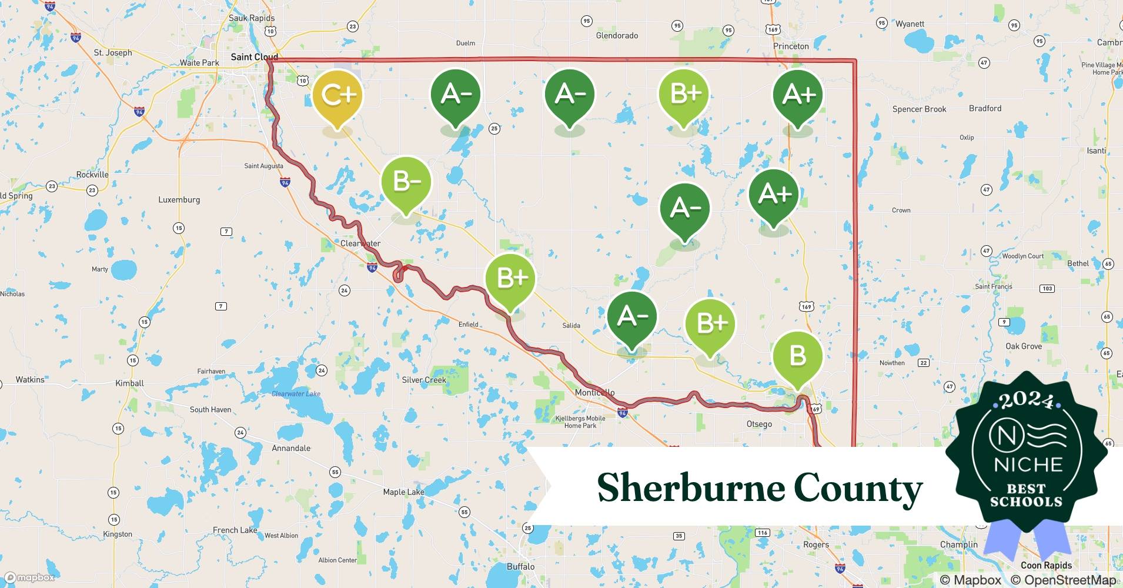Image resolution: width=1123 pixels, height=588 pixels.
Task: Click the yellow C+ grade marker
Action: [338, 96]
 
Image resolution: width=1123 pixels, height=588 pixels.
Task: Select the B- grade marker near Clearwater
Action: [406, 182]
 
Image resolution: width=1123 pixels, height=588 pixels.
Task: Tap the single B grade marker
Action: [797, 356]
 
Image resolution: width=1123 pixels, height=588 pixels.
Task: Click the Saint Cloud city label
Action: [254, 57]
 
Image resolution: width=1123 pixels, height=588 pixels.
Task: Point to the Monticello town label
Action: [594, 392]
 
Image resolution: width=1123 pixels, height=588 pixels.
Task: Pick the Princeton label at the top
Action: [791, 46]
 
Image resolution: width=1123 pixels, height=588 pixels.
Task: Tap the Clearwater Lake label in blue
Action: [296, 393]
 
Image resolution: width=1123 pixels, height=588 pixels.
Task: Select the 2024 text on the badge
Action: [1027, 401]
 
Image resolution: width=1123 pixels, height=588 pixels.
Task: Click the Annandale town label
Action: [290, 448]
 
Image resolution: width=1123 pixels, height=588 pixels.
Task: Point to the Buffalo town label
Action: [520, 566]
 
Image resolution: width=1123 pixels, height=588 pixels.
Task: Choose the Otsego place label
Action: [758, 423]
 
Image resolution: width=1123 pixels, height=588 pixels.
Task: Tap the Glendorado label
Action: [617, 35]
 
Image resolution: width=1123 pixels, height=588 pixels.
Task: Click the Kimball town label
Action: [129, 383]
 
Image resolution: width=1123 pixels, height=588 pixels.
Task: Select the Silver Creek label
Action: [423, 380]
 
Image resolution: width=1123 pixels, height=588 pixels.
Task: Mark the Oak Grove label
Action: [1023, 346]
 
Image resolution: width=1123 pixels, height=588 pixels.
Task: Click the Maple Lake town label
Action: [403, 492]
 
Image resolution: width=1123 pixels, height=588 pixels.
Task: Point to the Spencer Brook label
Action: [919, 109]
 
